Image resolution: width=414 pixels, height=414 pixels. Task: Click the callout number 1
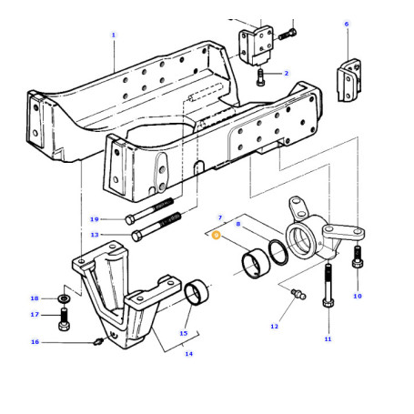point(114,35)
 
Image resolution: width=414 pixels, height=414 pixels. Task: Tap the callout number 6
point(347,24)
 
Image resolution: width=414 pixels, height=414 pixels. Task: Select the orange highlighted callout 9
point(217,236)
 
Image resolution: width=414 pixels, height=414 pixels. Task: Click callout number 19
point(95,219)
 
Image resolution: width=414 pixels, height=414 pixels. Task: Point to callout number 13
point(95,235)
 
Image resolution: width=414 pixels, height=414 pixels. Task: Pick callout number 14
point(188,354)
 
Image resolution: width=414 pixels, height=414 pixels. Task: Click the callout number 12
point(274,327)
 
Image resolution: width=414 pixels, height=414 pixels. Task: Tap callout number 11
point(328,339)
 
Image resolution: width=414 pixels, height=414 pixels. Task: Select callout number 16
point(35,342)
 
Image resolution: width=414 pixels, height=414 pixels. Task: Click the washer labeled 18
point(64,298)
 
